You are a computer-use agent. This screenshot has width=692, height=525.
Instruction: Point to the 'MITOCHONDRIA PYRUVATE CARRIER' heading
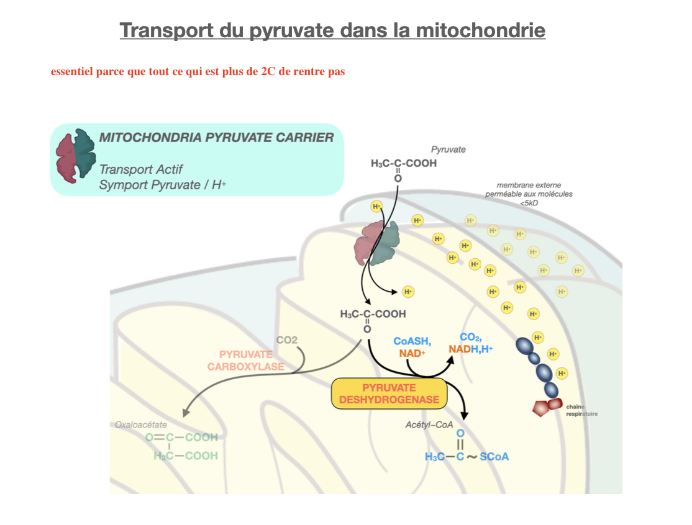click(x=216, y=138)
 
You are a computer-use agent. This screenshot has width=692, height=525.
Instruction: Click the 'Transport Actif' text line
click(x=141, y=169)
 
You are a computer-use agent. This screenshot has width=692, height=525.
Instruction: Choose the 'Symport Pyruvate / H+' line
click(x=162, y=185)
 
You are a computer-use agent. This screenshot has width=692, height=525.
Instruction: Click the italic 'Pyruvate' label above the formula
click(x=448, y=150)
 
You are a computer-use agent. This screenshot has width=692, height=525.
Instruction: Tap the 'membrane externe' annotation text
click(x=529, y=185)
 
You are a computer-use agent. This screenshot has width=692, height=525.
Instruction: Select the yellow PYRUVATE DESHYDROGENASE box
click(x=389, y=393)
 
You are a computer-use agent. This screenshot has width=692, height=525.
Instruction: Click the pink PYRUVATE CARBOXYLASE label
click(x=245, y=360)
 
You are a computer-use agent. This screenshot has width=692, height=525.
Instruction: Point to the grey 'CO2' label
click(x=287, y=340)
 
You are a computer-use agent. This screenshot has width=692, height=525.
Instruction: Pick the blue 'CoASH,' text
click(x=412, y=341)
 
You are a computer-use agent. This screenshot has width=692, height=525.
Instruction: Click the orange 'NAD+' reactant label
click(x=412, y=353)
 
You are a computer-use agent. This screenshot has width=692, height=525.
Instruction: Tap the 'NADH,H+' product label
click(x=470, y=349)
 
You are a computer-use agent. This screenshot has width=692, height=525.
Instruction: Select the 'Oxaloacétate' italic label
click(x=141, y=424)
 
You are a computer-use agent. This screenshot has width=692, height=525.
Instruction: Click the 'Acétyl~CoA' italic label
click(x=427, y=424)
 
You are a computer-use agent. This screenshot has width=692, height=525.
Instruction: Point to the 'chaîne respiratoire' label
click(x=581, y=410)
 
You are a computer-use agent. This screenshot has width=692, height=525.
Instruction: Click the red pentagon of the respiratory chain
click(x=541, y=408)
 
